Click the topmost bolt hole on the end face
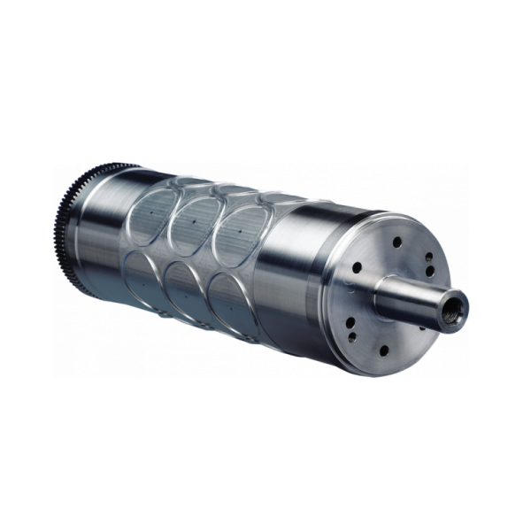(x=396, y=242)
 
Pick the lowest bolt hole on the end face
(x=382, y=350)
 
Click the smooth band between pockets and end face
(x=292, y=274)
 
